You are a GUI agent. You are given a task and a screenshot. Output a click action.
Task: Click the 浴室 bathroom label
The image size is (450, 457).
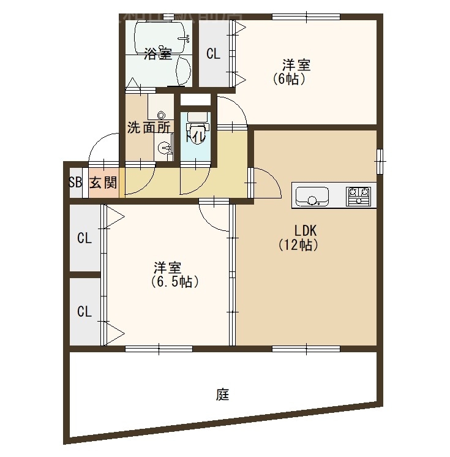point(158,54)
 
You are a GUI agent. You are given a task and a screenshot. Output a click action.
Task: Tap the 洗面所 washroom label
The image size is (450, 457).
point(148,128)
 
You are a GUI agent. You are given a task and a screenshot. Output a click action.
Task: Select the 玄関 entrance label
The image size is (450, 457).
point(103,183)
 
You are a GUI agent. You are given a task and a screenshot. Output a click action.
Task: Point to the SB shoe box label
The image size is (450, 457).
point(75,183)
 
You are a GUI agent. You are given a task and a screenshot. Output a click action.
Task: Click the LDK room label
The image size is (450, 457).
point(305,231)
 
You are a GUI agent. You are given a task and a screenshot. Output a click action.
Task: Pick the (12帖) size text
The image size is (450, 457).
point(298,245)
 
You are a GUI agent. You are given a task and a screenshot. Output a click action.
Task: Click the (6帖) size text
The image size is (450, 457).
point(289,78)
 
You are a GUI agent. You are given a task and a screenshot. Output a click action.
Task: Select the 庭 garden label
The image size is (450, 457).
point(222,395)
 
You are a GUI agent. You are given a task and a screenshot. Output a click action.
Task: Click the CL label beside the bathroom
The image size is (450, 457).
point(213,54)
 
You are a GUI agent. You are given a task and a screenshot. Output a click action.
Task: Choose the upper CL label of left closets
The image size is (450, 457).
point(84,238)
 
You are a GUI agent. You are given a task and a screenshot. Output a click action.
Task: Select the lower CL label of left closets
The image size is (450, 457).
point(84,311)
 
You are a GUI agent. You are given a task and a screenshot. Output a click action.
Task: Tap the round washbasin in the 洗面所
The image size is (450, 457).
point(163,147)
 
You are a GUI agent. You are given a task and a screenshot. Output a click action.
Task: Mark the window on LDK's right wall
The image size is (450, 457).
point(380,161)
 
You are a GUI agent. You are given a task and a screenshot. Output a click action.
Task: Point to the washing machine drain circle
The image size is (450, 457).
point(161,115)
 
